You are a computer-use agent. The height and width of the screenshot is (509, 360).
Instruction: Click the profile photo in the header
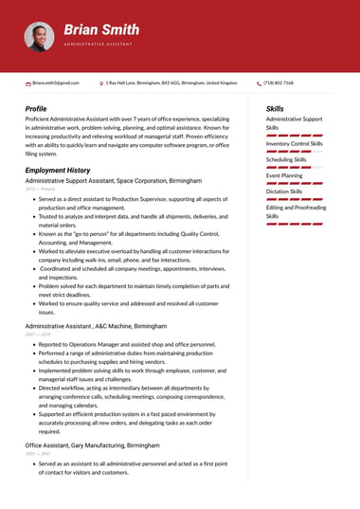tap(39, 37)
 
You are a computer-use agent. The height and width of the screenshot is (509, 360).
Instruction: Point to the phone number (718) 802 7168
tap(279, 83)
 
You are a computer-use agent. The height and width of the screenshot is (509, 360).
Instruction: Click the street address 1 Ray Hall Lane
tap(171, 83)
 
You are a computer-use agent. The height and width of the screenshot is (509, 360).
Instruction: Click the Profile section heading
tap(36, 109)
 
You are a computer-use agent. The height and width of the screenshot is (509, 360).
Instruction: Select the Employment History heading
tap(58, 170)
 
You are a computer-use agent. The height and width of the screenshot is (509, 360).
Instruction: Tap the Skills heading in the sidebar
tap(275, 109)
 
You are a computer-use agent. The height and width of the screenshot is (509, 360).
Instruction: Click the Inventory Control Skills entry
tap(295, 143)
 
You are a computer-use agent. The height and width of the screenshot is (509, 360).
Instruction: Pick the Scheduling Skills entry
tap(286, 159)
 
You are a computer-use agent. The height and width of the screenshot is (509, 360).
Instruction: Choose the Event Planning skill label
tap(284, 175)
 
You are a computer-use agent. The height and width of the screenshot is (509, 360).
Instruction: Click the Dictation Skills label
tap(284, 191)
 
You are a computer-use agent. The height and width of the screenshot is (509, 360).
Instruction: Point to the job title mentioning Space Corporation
tap(114, 180)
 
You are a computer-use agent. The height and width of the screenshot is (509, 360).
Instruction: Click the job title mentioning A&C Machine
tap(96, 325)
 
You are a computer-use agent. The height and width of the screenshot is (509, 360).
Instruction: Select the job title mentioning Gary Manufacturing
tap(92, 445)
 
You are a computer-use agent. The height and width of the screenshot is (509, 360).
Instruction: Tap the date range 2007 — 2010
tap(38, 335)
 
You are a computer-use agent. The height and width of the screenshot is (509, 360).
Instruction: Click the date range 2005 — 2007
tap(38, 453)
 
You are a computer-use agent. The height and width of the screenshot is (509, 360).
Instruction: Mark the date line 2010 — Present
tap(40, 189)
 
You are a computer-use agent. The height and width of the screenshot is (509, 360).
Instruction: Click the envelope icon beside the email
tap(27, 83)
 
